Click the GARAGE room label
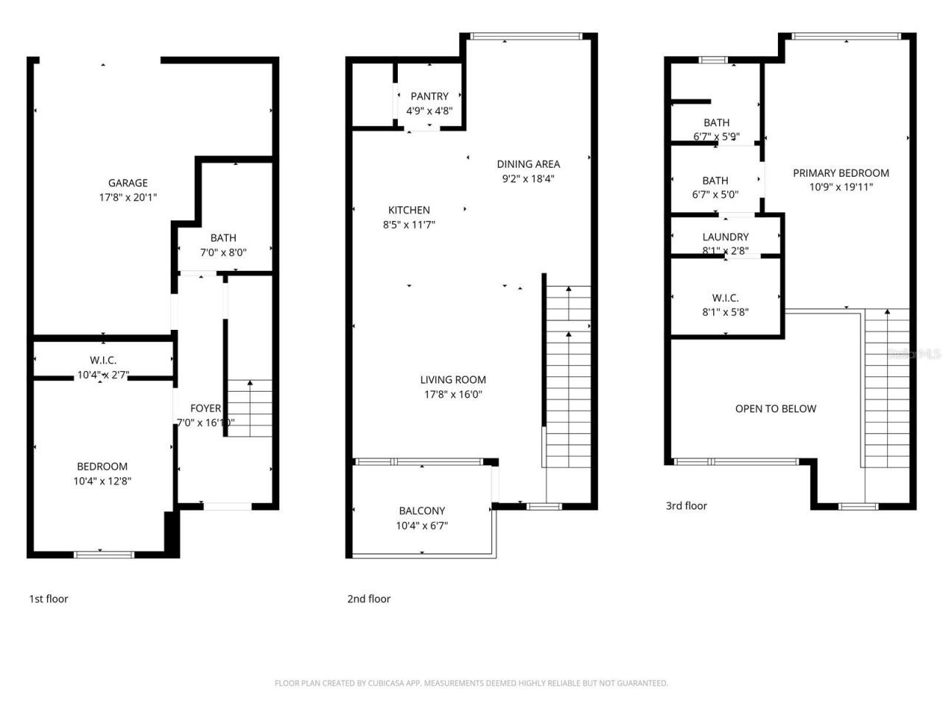[x=128, y=183]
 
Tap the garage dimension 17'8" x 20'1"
[x=128, y=197]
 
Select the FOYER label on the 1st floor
[x=206, y=408]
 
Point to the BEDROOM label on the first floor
[x=102, y=466]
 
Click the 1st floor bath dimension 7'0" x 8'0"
[x=223, y=253]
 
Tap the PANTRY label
[x=430, y=96]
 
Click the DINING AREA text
[x=528, y=164]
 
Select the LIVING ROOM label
[x=453, y=380]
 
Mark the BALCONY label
[x=422, y=510]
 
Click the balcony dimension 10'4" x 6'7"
[x=422, y=525]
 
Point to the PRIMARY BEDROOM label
[x=841, y=173]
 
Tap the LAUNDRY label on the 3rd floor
[x=726, y=237]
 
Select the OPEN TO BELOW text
[x=776, y=409]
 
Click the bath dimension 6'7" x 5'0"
[x=715, y=194]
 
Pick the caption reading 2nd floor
[x=369, y=599]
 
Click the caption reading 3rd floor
[x=687, y=506]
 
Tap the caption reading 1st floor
[x=49, y=599]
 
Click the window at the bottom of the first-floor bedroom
[x=104, y=554]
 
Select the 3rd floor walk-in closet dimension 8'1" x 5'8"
[x=726, y=312]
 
